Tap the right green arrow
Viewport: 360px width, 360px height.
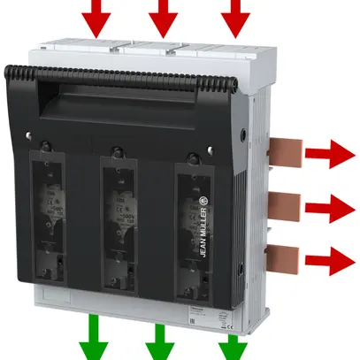[x=232, y=341]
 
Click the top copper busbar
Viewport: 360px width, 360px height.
[x=282, y=151]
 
